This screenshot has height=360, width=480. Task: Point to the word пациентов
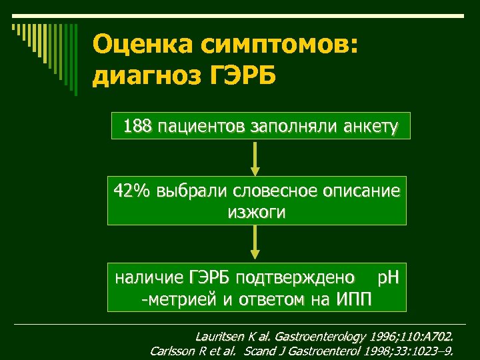(x=201, y=126)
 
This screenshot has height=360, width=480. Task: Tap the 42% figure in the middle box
(x=133, y=191)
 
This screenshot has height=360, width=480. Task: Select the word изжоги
(x=256, y=213)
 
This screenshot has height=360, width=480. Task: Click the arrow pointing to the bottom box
(x=256, y=243)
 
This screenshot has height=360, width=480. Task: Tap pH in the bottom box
(x=389, y=277)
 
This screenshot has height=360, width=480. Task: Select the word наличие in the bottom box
(x=149, y=277)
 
